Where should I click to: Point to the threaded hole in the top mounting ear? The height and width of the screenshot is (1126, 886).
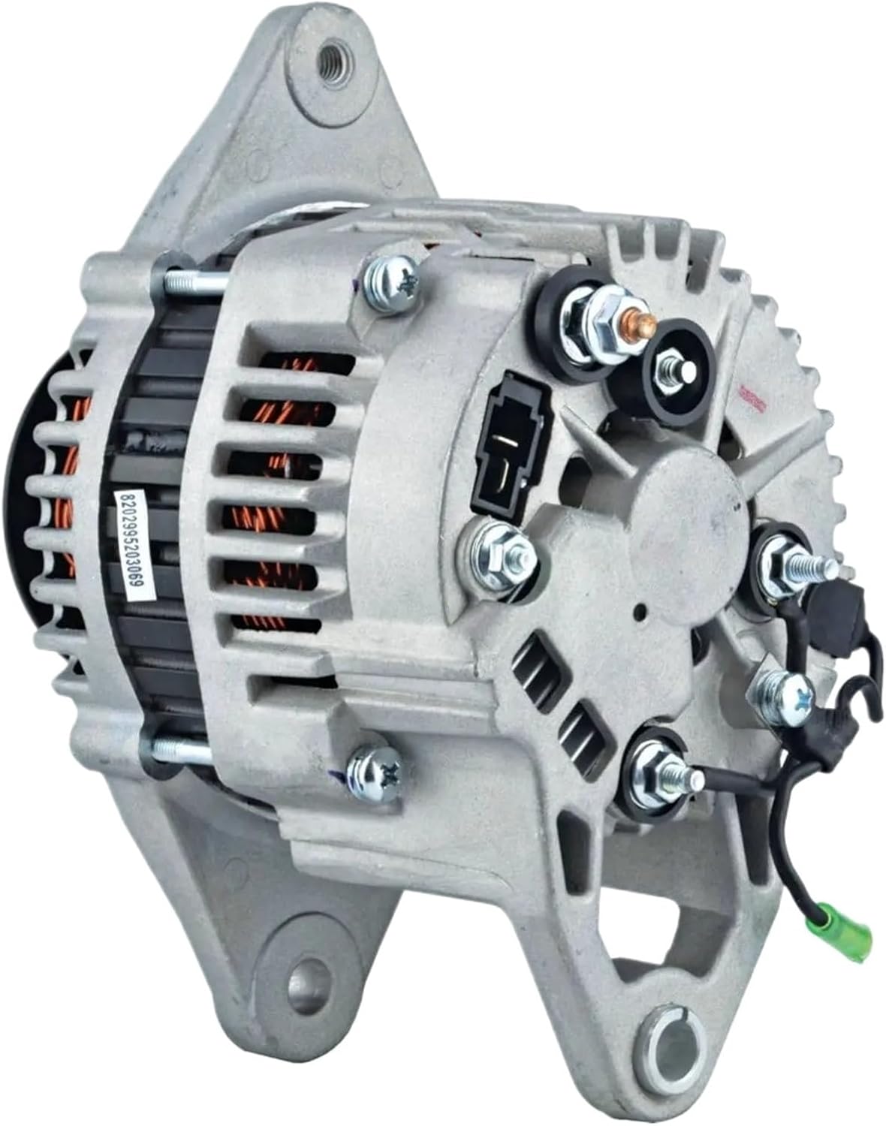(328, 57)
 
